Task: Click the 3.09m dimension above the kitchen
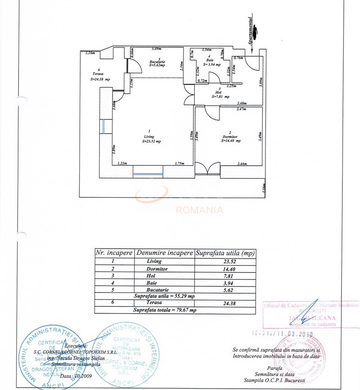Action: coord(157,49)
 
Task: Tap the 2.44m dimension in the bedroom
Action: coord(242,163)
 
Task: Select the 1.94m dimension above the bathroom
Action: coord(207,49)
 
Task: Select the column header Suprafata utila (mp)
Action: coord(225,253)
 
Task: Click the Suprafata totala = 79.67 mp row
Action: coord(165,310)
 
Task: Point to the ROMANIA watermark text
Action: coord(199,210)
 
